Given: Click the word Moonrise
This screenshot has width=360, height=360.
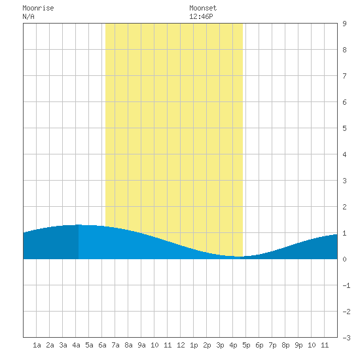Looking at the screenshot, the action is click(x=38, y=8).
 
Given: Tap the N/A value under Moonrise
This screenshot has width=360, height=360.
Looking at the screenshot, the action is click(x=28, y=16).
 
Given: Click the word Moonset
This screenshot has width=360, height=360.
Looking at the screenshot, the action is click(x=203, y=8).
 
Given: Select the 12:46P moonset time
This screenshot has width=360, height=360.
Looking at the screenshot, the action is click(x=201, y=16).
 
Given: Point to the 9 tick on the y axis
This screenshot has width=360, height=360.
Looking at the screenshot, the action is click(x=344, y=24).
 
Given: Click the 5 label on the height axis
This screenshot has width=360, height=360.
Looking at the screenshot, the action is click(x=344, y=128).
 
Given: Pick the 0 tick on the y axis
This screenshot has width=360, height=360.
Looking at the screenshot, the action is click(x=344, y=259).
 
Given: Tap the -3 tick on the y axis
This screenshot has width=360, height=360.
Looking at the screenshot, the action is click(x=346, y=338).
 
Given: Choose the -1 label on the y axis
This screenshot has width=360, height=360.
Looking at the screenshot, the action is click(x=346, y=285).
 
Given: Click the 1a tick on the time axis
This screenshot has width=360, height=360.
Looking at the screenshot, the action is click(x=37, y=345).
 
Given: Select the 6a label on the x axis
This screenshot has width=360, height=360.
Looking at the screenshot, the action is click(x=102, y=345).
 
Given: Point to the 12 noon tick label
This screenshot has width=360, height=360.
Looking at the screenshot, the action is click(x=181, y=345).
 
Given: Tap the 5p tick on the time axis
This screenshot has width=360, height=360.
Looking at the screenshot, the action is click(x=246, y=345).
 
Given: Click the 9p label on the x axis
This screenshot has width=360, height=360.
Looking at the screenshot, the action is click(x=298, y=345).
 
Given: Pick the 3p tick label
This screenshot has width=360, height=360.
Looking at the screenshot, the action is click(x=220, y=345).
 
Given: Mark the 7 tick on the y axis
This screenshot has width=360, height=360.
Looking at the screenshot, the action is click(x=344, y=76).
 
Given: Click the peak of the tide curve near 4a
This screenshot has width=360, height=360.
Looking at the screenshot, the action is click(x=79, y=225).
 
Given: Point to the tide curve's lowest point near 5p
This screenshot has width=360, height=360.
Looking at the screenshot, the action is click(x=240, y=257).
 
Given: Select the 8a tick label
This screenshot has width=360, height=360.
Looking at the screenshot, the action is click(x=128, y=345).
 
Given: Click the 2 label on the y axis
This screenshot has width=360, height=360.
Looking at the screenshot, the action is click(x=344, y=207).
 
